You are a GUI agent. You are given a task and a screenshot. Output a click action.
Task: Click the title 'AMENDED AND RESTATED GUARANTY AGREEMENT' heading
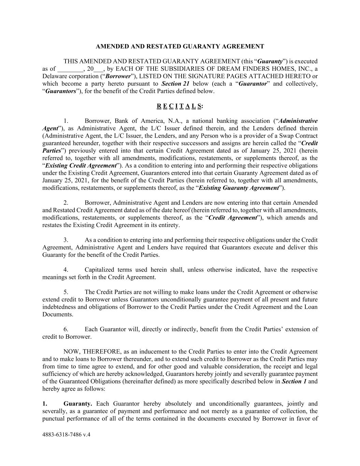pos(180,46)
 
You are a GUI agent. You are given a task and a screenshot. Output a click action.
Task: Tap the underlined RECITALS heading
pos(180,106)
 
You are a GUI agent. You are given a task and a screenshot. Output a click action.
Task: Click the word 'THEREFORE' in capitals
pos(101,352)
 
